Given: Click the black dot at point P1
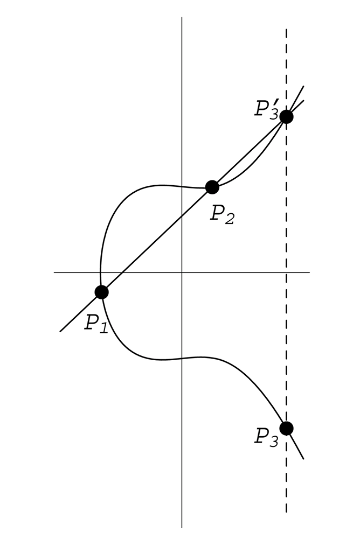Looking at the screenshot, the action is pos(101,292).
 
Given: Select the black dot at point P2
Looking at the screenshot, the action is pos(212,187).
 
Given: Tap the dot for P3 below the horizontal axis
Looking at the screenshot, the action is pos(286,428).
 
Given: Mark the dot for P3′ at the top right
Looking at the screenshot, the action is pos(286,116).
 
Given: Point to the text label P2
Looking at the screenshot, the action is pos(222,214).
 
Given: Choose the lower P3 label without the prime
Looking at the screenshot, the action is pos(266,436).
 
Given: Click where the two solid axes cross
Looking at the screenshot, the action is pos(182,272).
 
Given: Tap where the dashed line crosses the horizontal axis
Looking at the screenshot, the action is pos(286,272).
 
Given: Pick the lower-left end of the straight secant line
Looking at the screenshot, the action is pos(60,331).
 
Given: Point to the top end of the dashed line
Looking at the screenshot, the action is pos(286,30).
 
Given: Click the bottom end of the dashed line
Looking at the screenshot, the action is pos(286,512).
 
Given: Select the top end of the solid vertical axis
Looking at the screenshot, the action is pos(182,17).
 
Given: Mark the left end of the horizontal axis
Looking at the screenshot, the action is pos(54,272).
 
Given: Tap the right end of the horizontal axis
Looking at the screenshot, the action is pos(309,272).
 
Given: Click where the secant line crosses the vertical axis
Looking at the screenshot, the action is pos(182,215).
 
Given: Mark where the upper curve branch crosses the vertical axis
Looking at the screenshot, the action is pos(182,186).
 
